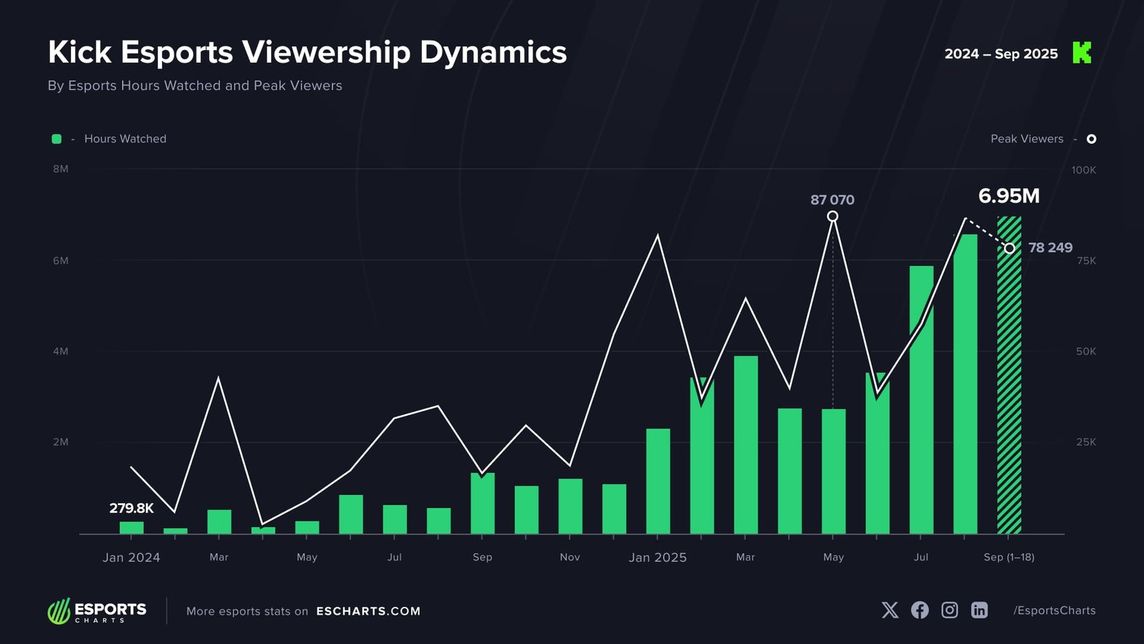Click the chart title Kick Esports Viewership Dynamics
(307, 52)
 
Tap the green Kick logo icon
(1082, 52)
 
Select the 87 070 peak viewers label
(832, 200)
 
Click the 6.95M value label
(1009, 195)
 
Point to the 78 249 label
(1050, 248)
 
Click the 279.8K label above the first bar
(132, 508)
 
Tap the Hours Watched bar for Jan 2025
(658, 481)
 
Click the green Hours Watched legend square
(56, 139)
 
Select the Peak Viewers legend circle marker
(1091, 139)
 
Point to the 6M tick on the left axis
(61, 260)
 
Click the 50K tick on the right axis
(1085, 351)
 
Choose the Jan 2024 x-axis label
(132, 557)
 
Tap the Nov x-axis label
(570, 557)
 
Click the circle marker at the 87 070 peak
(832, 216)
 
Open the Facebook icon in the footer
(919, 610)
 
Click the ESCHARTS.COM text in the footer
(368, 611)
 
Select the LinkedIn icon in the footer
(979, 610)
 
